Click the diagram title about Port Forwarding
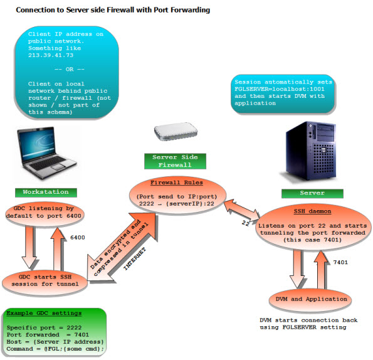pos(113,11)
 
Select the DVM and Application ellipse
pos(305,300)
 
